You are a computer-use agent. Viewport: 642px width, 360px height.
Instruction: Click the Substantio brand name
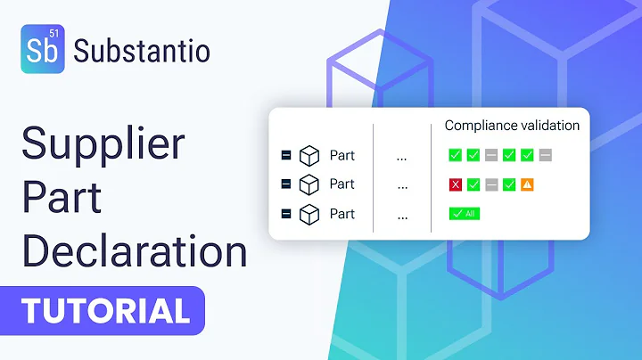coord(144,51)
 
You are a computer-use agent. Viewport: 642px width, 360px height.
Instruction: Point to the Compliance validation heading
coord(512,126)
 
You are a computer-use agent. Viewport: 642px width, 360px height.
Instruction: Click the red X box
coord(455,185)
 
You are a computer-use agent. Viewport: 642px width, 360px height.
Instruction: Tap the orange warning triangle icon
coord(527,185)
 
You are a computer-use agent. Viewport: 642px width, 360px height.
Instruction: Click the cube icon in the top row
coord(309,155)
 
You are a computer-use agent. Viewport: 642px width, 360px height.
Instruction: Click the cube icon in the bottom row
coord(309,214)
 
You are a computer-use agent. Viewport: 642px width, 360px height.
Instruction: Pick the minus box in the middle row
coord(286,184)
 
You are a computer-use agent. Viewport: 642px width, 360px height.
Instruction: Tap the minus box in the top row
coord(286,155)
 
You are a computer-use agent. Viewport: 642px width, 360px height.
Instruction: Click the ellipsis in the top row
coord(402,156)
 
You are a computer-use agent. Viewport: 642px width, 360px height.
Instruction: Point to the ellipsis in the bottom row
coord(402,215)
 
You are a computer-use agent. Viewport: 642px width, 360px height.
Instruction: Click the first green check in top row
coord(455,156)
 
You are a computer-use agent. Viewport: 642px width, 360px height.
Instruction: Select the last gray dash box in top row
coord(546,156)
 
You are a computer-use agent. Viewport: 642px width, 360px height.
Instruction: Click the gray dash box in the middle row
coord(491,185)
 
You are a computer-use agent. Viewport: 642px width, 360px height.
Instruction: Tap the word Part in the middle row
coord(342,184)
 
